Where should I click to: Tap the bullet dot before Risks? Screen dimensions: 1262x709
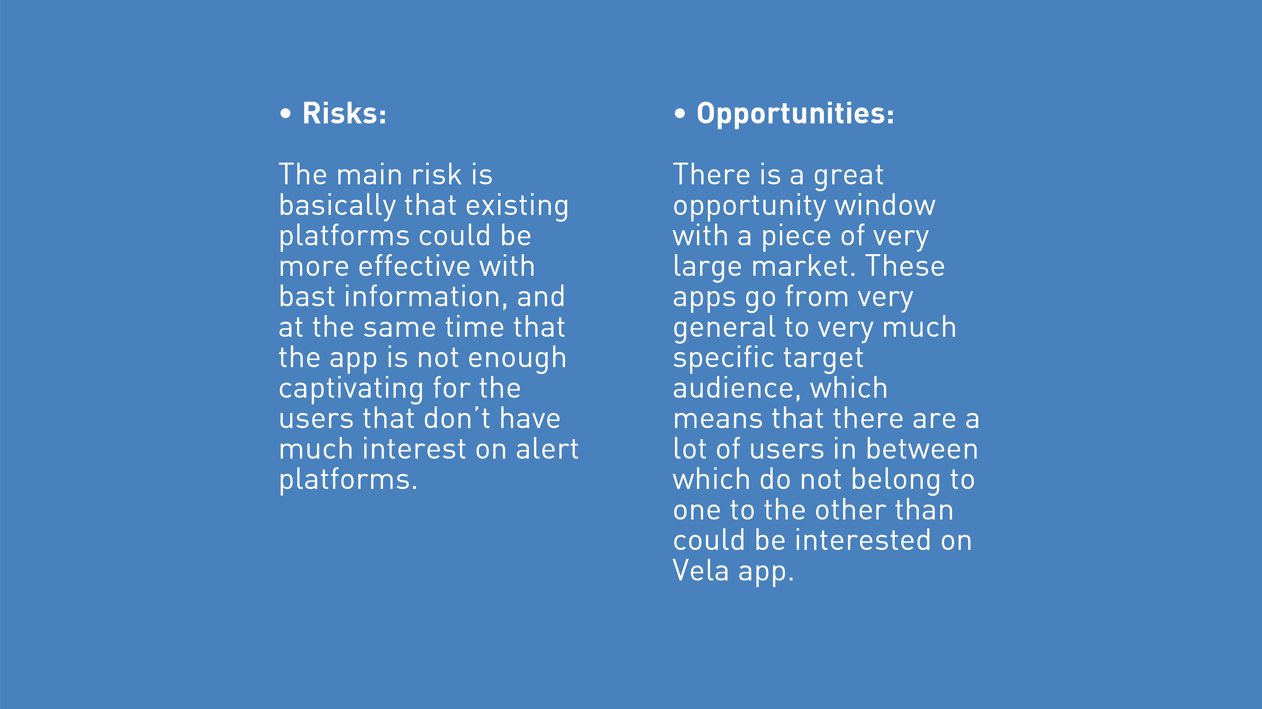click(285, 114)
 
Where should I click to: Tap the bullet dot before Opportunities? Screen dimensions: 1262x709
click(680, 114)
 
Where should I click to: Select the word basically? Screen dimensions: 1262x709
click(338, 206)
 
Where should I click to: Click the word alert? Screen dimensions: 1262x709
click(547, 449)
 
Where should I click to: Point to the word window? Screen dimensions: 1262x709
click(885, 206)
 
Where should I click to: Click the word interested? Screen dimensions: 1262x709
click(863, 540)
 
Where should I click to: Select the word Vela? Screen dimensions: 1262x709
click(701, 571)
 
